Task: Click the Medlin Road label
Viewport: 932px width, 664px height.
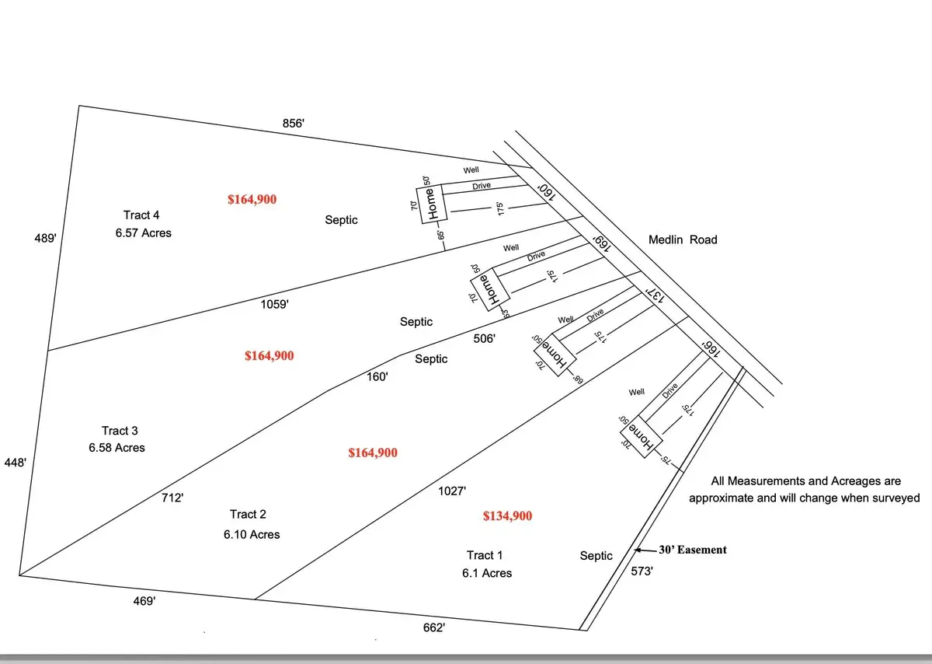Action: pyautogui.click(x=683, y=239)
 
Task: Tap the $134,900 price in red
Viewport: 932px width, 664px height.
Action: pyautogui.click(x=507, y=515)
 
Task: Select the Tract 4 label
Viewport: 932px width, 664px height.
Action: pyautogui.click(x=142, y=215)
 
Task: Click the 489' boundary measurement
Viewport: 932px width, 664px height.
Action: pyautogui.click(x=44, y=239)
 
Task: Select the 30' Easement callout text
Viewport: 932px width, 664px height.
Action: pyautogui.click(x=693, y=550)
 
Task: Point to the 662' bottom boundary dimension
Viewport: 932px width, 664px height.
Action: pyautogui.click(x=433, y=627)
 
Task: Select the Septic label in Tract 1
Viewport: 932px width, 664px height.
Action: pyautogui.click(x=596, y=556)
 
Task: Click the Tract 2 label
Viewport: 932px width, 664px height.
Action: pyautogui.click(x=249, y=515)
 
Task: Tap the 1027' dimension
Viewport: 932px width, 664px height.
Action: pyautogui.click(x=452, y=491)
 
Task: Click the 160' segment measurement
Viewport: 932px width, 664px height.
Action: pyautogui.click(x=377, y=376)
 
